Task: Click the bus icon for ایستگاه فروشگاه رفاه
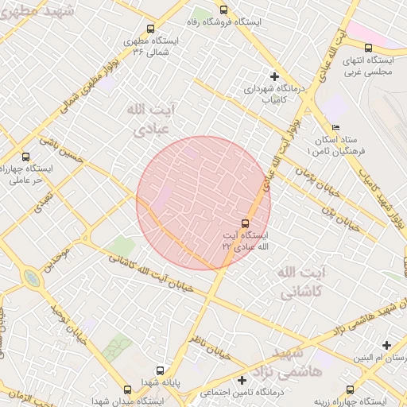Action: click(223, 11)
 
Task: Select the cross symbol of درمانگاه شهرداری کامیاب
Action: click(274, 76)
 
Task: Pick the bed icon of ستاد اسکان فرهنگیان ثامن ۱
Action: click(335, 127)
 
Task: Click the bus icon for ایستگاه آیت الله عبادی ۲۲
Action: click(244, 223)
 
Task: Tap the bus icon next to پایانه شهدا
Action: click(161, 370)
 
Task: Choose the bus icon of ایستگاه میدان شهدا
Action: click(128, 389)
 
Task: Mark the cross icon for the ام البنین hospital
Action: click(386, 345)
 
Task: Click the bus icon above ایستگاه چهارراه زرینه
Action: click(350, 389)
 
